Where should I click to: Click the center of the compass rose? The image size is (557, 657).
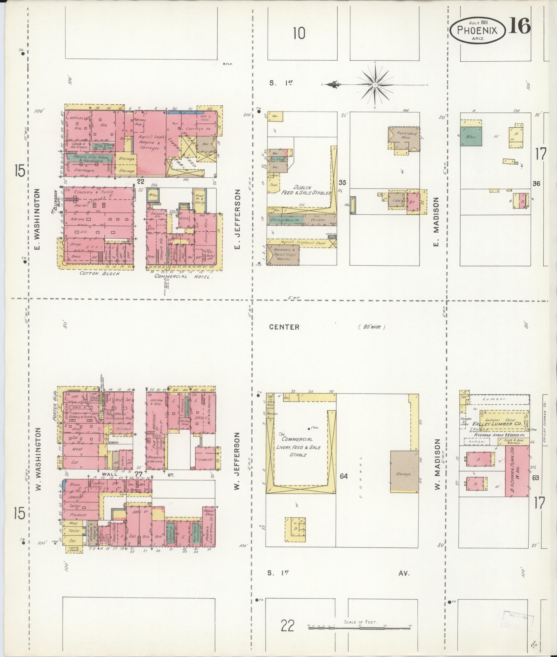(x=375, y=84)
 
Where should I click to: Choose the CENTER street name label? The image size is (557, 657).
(x=284, y=327)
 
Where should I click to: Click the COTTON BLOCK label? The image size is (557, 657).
(x=100, y=273)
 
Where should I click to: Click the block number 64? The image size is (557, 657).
(x=344, y=476)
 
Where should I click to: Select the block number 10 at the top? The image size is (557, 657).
(x=299, y=34)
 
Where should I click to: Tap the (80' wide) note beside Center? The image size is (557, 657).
(x=372, y=327)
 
